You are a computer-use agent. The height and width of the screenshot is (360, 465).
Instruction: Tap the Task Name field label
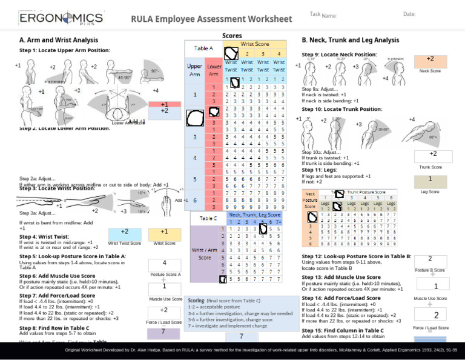click(x=323, y=15)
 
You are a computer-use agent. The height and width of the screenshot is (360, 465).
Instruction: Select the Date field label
click(x=409, y=14)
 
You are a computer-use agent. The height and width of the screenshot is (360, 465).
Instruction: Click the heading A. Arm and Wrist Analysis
click(x=55, y=40)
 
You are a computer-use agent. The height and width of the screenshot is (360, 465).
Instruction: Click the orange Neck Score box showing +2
click(x=430, y=60)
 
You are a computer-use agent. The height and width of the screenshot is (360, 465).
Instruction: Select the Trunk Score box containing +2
click(x=430, y=155)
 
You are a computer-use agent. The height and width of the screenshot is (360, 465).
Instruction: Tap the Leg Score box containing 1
click(x=430, y=179)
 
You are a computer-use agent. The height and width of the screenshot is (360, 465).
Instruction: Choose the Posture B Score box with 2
click(x=430, y=258)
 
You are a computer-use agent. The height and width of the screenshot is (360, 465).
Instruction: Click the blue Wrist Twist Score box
click(x=124, y=232)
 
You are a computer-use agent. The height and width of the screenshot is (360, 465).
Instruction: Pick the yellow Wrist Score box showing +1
click(x=164, y=232)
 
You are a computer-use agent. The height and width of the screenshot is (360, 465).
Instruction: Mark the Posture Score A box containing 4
click(x=164, y=263)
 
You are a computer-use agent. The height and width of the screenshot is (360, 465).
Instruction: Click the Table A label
click(x=203, y=48)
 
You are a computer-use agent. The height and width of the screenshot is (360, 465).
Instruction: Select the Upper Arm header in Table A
click(x=194, y=69)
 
